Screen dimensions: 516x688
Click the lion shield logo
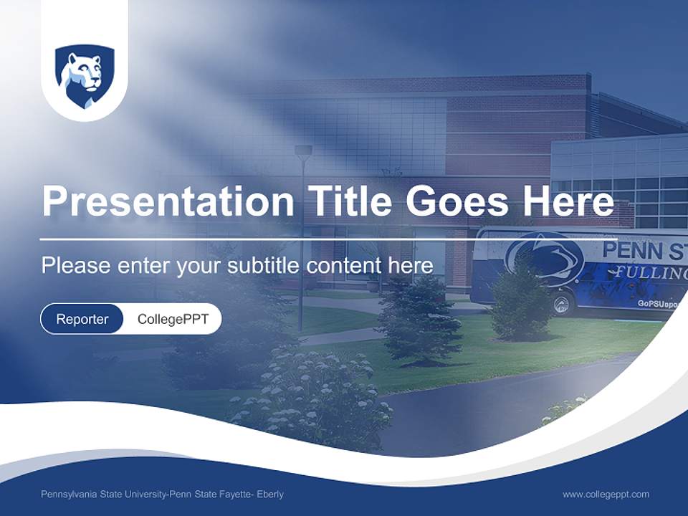[x=85, y=77]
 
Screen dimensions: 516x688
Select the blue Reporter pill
[x=82, y=319]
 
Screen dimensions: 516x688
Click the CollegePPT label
[x=173, y=319]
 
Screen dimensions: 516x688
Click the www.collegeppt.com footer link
[x=606, y=494]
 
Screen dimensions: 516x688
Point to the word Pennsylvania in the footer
[x=70, y=494]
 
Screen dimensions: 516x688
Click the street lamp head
[x=303, y=152]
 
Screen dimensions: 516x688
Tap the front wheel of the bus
[x=563, y=302]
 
